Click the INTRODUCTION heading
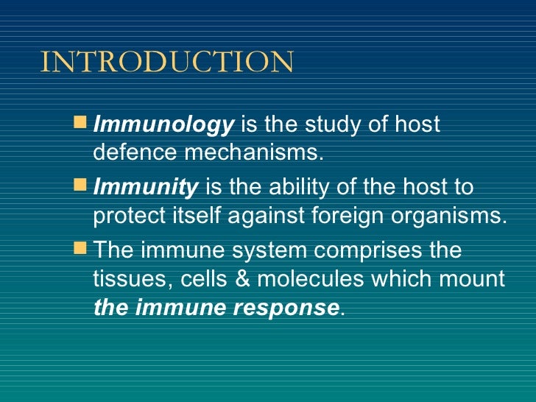click(x=167, y=63)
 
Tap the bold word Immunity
click(x=146, y=188)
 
